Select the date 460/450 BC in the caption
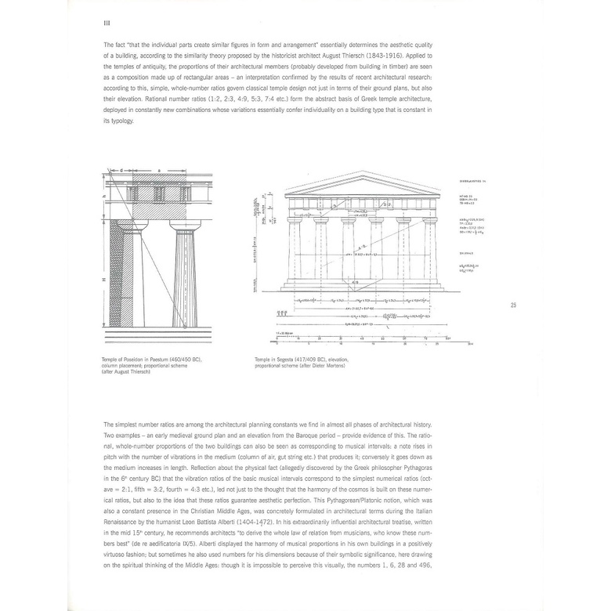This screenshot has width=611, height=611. point(196,360)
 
